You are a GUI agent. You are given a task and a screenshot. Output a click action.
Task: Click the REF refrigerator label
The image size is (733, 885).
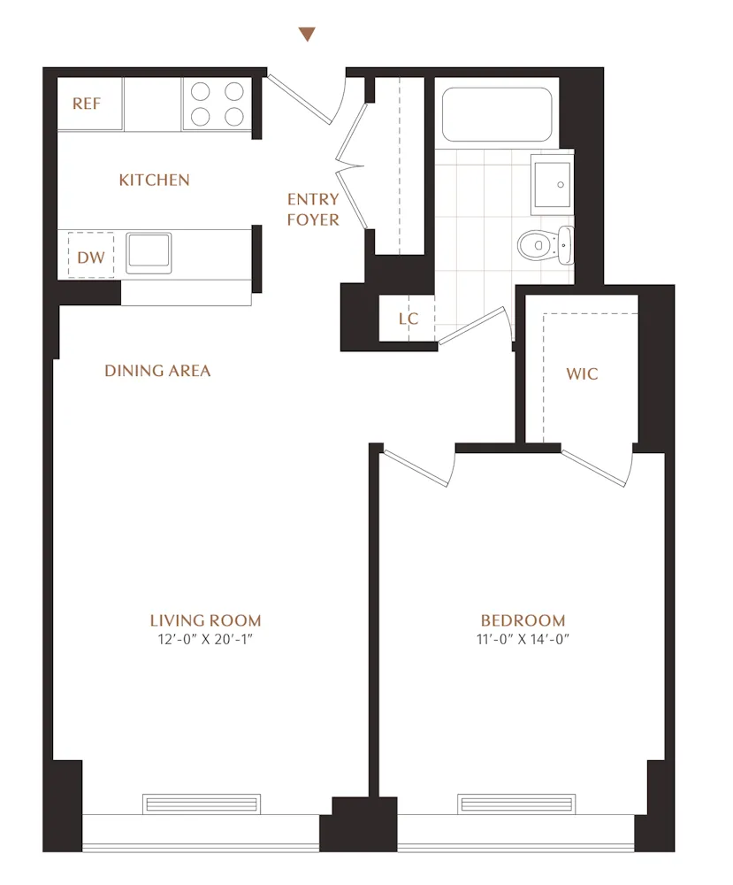pos(87,104)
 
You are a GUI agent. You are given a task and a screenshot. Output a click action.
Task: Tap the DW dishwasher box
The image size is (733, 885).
pos(91,258)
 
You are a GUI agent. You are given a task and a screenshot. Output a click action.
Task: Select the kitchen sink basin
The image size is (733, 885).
pos(149,252)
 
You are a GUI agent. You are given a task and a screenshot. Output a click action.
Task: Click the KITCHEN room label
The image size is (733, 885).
pos(155,181)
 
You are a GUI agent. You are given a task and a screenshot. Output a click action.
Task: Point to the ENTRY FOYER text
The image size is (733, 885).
pos(313,210)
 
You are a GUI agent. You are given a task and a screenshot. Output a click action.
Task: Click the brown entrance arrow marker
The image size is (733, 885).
pos(307,35)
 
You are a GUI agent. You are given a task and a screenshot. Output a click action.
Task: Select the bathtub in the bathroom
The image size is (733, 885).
pos(496,114)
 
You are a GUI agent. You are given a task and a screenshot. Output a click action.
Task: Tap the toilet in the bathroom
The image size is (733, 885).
pos(541,243)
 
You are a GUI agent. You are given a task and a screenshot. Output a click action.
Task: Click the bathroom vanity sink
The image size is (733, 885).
pos(551,183)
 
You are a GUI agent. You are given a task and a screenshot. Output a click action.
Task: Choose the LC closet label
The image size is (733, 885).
pos(408,319)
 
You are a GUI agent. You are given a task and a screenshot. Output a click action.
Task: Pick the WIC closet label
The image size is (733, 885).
pos(583,373)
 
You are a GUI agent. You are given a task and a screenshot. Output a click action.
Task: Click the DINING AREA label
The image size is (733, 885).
pos(157,371)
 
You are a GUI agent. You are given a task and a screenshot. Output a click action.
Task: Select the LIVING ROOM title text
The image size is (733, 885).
pos(205,620)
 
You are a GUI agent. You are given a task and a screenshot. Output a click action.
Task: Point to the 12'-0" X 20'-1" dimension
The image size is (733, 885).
pos(205,640)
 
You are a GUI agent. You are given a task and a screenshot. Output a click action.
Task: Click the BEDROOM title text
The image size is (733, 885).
pos(523,620)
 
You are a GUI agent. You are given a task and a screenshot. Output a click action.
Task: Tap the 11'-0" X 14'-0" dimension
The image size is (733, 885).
pos(523,640)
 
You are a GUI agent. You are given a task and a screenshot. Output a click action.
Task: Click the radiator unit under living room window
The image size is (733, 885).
pos(202,804)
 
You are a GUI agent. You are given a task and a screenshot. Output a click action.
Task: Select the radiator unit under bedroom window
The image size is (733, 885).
pos(516,804)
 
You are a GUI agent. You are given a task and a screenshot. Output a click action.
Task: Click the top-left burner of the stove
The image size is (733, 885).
pos(201,90)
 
